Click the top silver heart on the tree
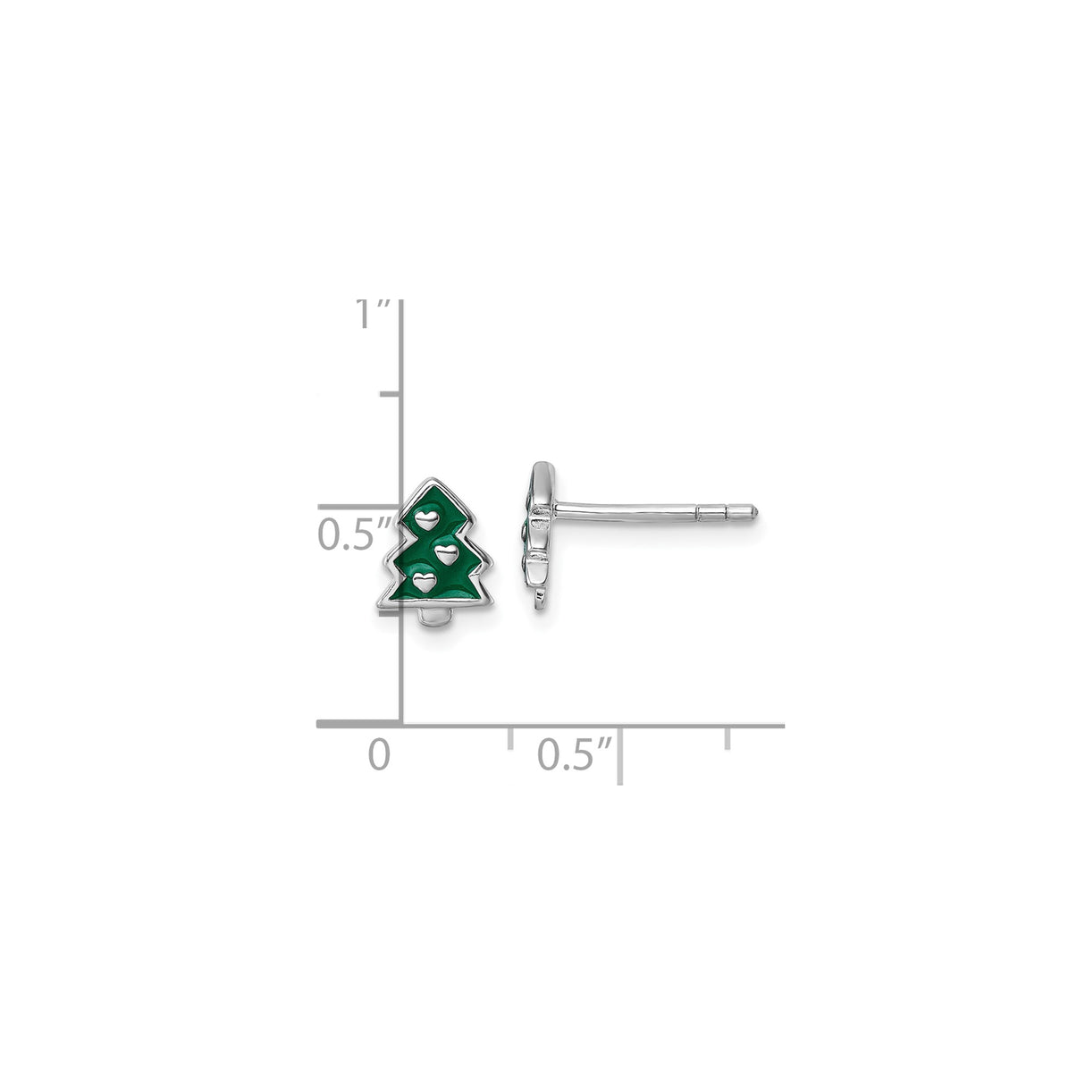[x=427, y=517]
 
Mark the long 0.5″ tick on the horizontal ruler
[x=620, y=755]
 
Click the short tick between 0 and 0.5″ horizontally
[x=510, y=737]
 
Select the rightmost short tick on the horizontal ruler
[x=728, y=737]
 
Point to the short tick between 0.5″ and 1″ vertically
[x=390, y=394]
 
